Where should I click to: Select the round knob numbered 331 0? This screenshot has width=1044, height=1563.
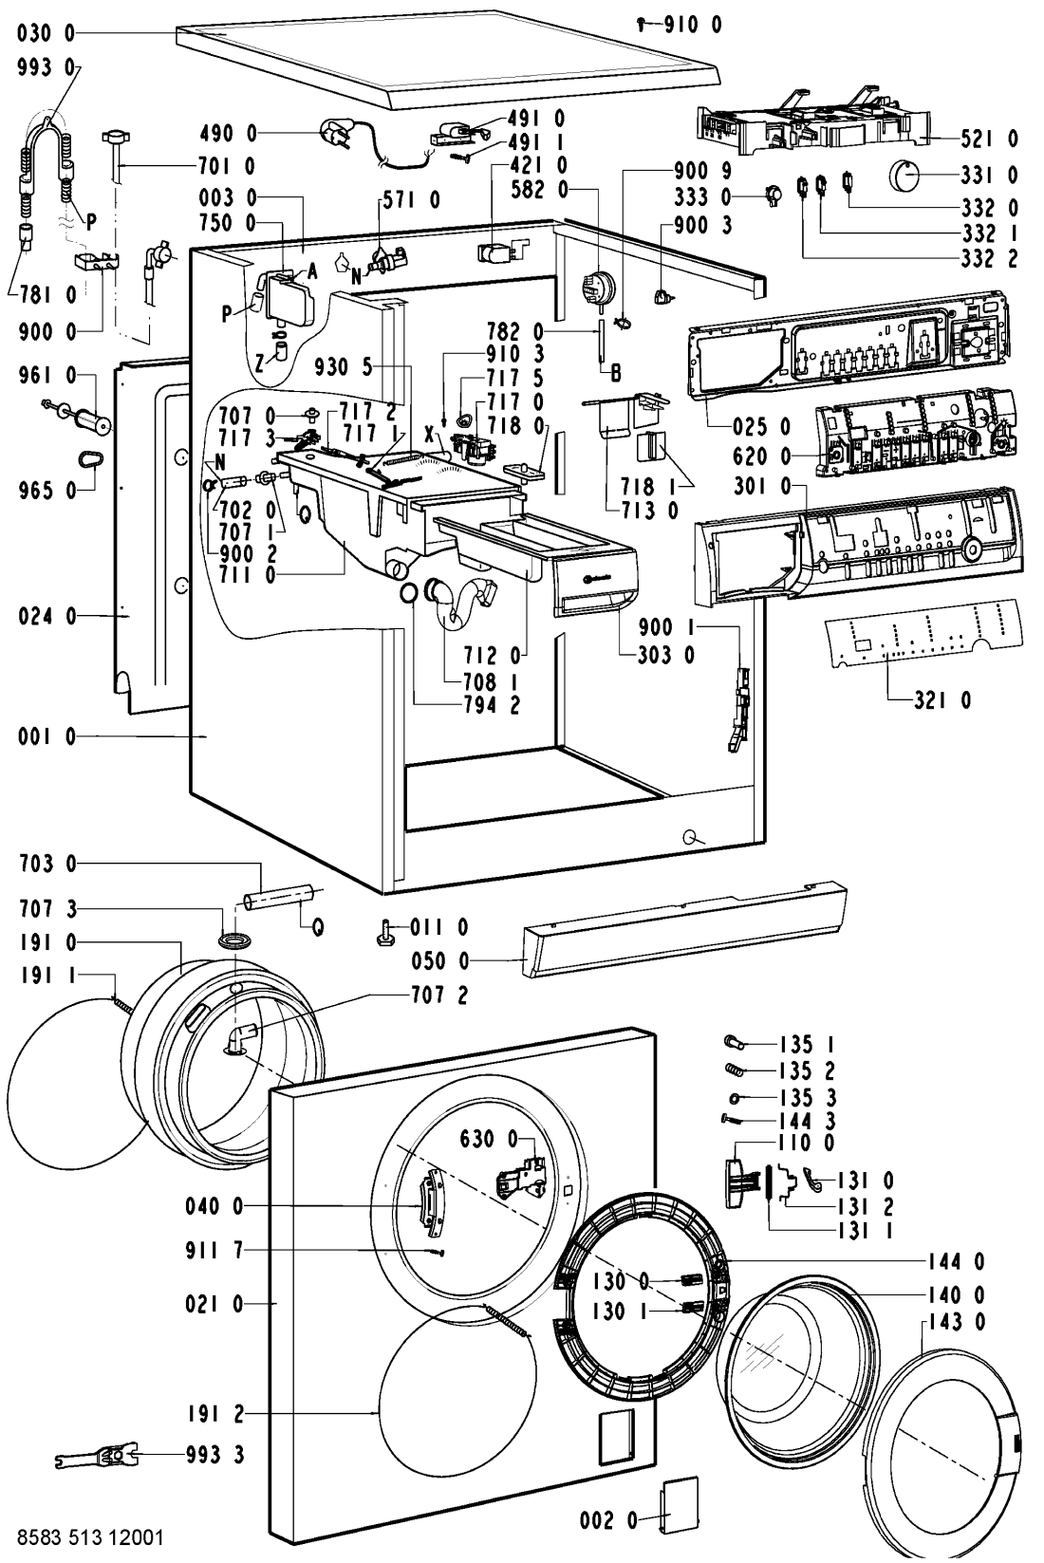tap(909, 176)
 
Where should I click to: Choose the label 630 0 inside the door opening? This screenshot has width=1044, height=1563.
tap(489, 1137)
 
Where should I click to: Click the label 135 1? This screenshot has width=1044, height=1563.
tap(813, 1045)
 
